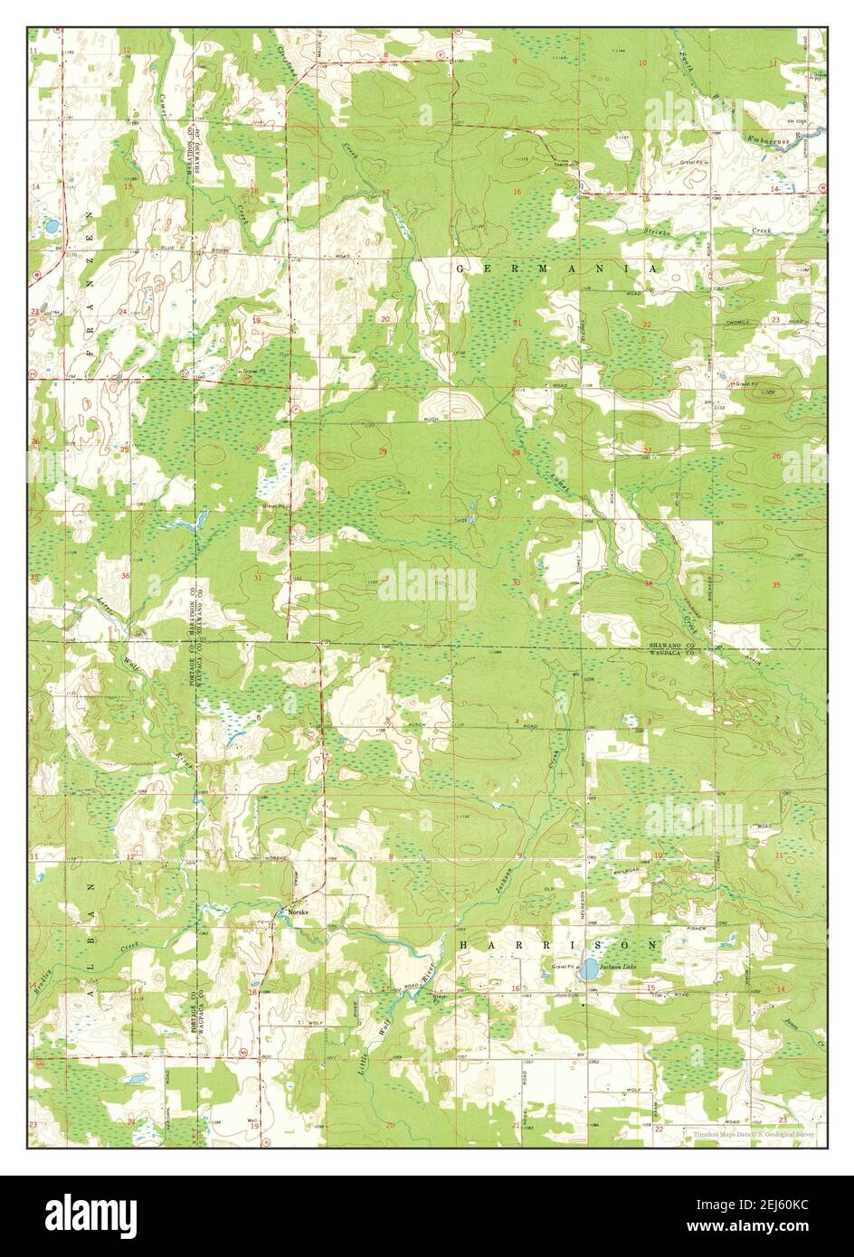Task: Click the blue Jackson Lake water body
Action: tap(588, 971)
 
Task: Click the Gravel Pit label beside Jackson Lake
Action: tap(564, 966)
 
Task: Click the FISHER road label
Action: tap(696, 928)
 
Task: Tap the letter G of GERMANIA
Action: tap(460, 269)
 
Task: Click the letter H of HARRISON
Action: tap(464, 943)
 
